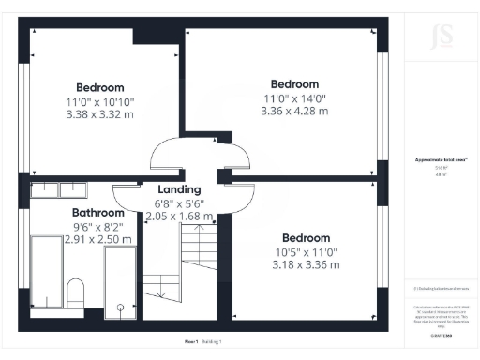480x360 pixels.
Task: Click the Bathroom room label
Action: point(98,213)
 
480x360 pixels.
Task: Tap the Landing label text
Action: point(179,189)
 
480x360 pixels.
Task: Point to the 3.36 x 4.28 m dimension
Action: point(294,111)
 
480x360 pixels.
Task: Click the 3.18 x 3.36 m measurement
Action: point(306,264)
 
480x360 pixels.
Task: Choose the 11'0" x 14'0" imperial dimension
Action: point(294,97)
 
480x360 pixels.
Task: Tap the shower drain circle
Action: point(120,307)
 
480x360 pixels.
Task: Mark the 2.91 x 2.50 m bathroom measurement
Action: point(98,240)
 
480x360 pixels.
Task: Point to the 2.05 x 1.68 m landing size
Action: point(179,217)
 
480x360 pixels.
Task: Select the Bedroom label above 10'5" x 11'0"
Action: point(306,237)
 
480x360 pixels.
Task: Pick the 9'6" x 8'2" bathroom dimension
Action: point(98,227)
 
